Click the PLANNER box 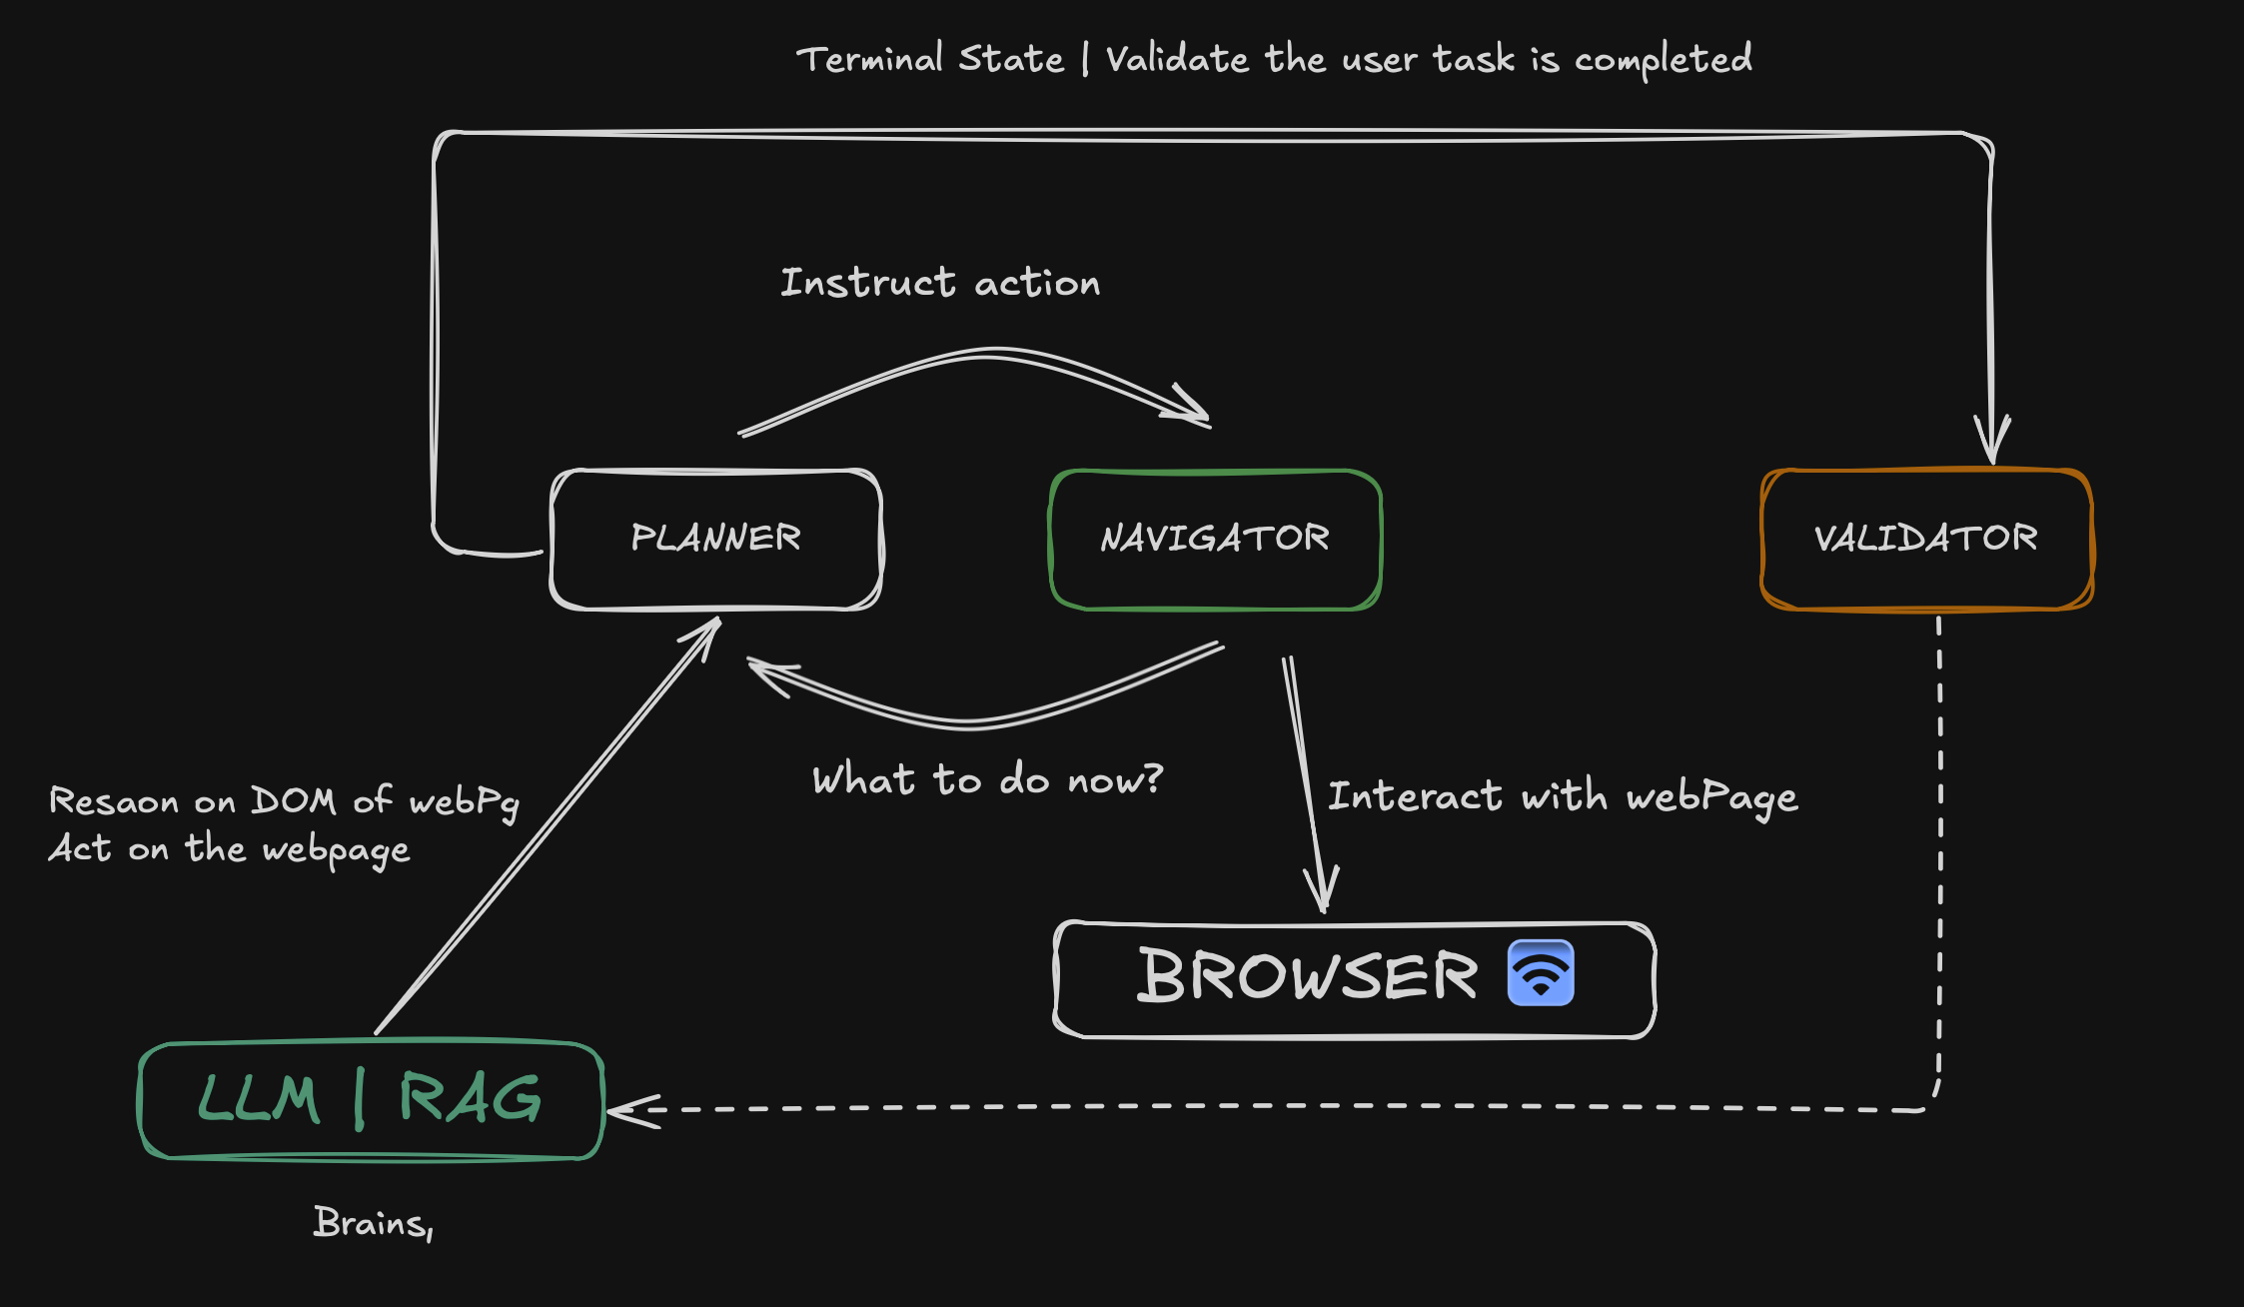click(x=716, y=539)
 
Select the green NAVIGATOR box click(x=1215, y=539)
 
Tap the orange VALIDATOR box click(x=1926, y=539)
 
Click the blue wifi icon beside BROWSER click(x=1541, y=972)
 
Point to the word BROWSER click(x=1307, y=976)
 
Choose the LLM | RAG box click(x=371, y=1099)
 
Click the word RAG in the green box click(x=470, y=1098)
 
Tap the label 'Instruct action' click(x=939, y=283)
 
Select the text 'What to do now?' click(x=987, y=779)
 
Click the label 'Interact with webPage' click(x=1562, y=797)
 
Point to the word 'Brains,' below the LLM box click(x=373, y=1223)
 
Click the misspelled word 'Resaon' click(x=114, y=801)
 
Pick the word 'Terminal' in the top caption click(x=869, y=59)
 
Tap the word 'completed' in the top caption click(x=1663, y=60)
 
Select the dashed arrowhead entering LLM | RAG click(x=629, y=1110)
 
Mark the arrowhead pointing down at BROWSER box click(x=1322, y=889)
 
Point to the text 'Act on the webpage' click(x=229, y=849)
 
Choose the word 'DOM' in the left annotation click(x=292, y=800)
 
